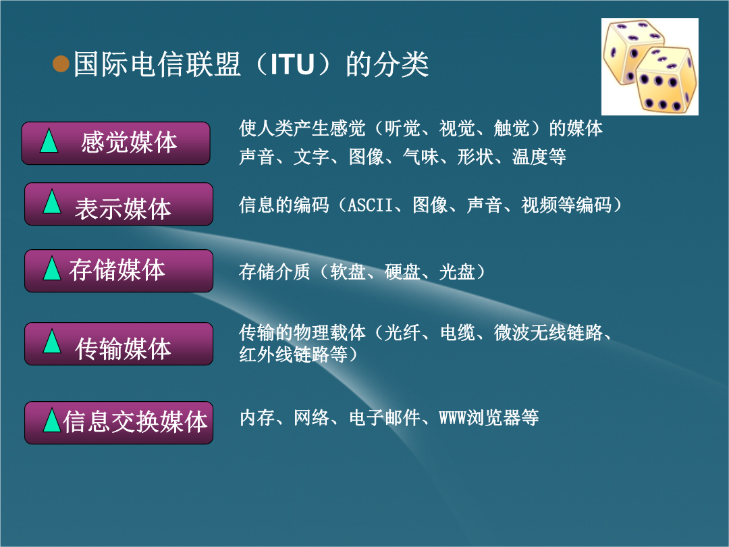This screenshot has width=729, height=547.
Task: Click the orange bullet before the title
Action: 61,63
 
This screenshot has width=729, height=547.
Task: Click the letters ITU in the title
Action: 293,64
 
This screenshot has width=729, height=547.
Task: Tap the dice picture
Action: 649,66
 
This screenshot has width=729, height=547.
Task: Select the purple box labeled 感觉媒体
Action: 116,143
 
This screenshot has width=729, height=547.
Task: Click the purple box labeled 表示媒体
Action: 119,204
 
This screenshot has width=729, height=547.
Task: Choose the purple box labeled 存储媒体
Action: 119,271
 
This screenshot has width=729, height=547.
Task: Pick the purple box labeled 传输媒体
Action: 119,344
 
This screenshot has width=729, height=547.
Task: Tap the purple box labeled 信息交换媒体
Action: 119,423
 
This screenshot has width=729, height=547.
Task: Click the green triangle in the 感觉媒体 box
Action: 49,141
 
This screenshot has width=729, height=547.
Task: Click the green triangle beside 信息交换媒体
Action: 51,421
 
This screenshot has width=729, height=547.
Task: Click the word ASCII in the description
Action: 371,205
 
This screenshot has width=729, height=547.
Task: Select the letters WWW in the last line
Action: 453,418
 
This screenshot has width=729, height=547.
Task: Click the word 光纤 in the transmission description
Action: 403,333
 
